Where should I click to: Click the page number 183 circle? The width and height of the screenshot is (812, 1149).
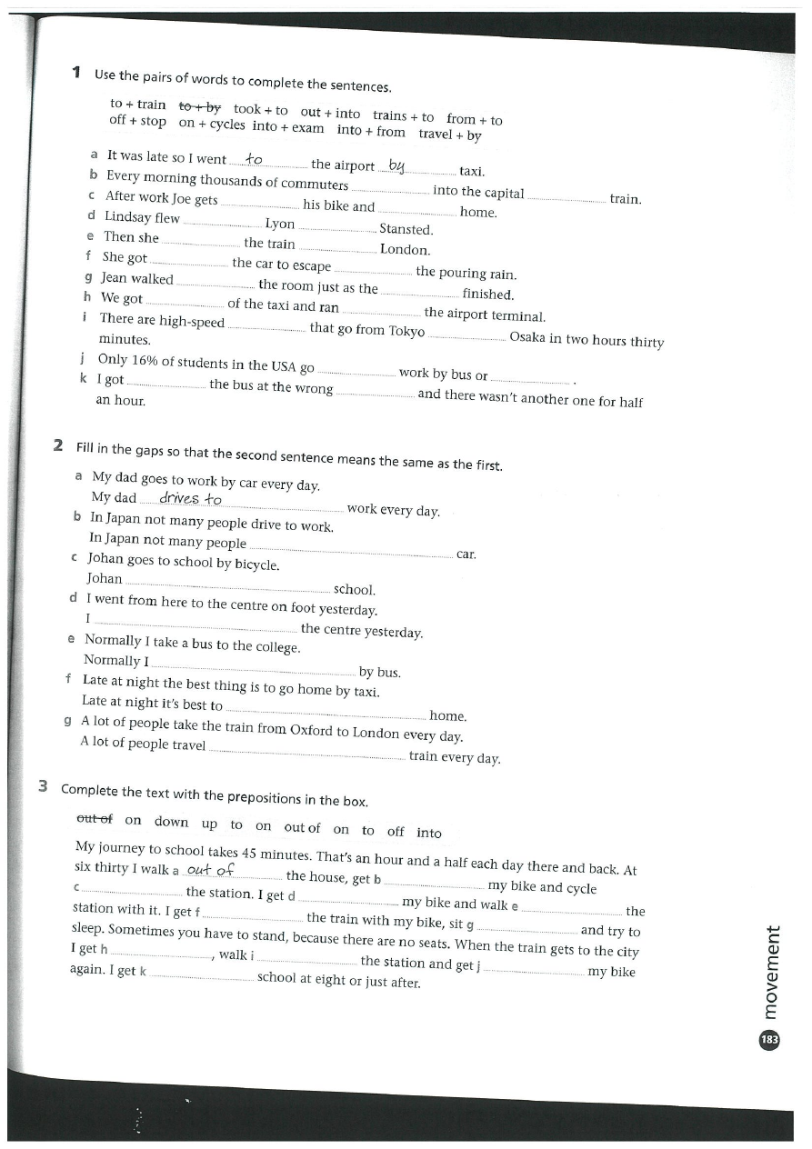[769, 1040]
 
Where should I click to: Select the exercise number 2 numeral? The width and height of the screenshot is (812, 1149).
[58, 445]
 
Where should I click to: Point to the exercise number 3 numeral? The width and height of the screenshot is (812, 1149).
[44, 787]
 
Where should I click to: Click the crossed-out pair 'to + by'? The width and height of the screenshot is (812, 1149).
[199, 108]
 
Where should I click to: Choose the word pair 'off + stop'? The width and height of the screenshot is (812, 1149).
[137, 121]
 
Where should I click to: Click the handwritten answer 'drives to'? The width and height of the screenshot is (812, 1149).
[190, 498]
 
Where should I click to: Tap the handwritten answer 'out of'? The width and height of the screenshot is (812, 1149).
[210, 870]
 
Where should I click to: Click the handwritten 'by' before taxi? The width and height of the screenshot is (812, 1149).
[396, 165]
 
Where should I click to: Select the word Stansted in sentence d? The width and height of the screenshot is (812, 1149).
[406, 230]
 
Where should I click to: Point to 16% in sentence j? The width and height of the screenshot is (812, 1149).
[145, 361]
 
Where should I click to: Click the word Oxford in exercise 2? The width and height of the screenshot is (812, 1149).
[312, 729]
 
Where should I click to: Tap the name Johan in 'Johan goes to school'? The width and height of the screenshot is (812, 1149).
[105, 558]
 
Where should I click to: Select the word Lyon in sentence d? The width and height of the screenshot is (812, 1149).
[280, 224]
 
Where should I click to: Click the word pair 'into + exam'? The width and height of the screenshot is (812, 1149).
[288, 127]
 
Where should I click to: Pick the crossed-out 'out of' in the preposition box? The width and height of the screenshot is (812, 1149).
[95, 818]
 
